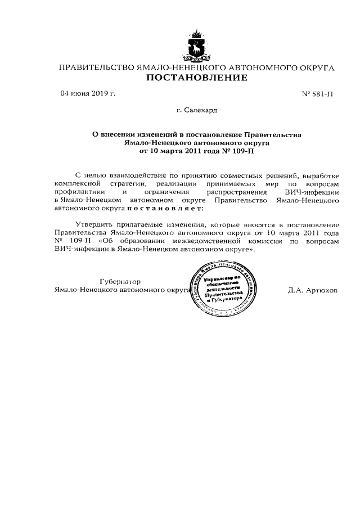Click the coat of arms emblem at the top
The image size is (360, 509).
point(196,46)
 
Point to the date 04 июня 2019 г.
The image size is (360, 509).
point(87,93)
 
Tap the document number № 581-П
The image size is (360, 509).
point(317,94)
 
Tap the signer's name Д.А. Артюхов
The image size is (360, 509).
point(312,291)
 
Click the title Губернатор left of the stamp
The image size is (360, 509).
point(120,281)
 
